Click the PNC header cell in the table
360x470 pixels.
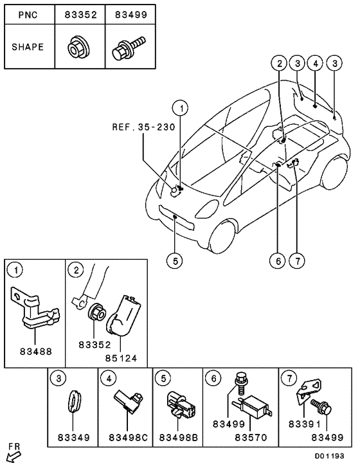28,14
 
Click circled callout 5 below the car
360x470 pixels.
175,260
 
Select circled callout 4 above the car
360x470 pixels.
315,63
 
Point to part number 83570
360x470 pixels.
251,438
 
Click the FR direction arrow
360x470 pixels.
12,456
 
